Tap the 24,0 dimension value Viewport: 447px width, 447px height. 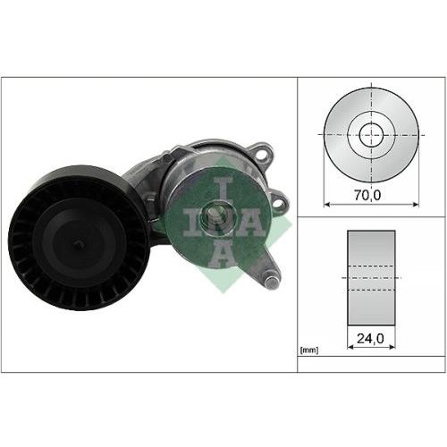tap(369, 340)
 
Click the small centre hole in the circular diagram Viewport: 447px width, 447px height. tap(370, 136)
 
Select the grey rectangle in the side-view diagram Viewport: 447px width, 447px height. tap(369, 276)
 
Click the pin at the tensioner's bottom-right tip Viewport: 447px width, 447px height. tap(271, 283)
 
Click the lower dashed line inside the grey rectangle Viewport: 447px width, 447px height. tap(369, 288)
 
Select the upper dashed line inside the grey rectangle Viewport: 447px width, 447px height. tap(369, 266)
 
